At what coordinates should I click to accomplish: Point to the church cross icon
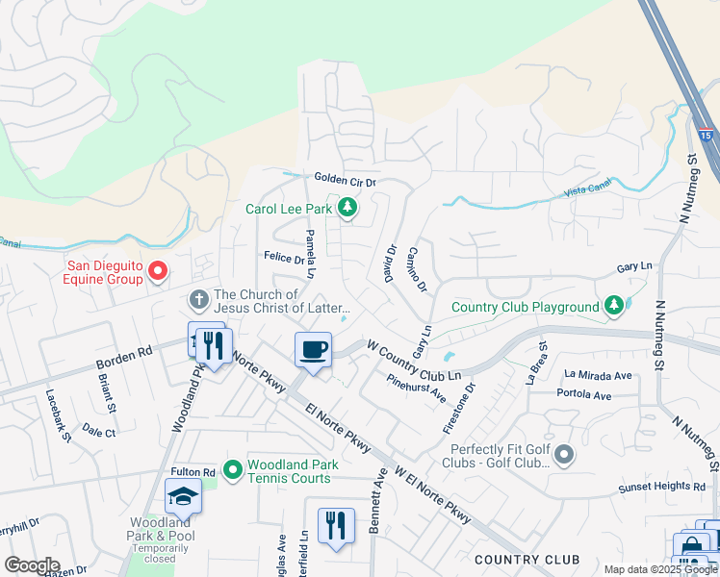(x=199, y=299)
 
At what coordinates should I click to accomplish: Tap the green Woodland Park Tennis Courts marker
(x=232, y=469)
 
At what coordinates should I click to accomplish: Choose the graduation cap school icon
(x=182, y=496)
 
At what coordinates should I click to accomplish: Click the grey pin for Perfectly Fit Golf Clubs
(x=563, y=453)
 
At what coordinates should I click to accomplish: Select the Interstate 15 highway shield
(x=707, y=137)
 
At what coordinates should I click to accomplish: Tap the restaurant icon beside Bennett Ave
(x=336, y=524)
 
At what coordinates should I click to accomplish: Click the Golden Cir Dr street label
(x=345, y=179)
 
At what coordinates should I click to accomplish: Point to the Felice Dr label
(x=284, y=258)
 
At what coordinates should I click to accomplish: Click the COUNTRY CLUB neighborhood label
(x=527, y=559)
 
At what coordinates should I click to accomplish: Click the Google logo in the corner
(x=32, y=565)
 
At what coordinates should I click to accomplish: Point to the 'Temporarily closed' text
(x=154, y=558)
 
